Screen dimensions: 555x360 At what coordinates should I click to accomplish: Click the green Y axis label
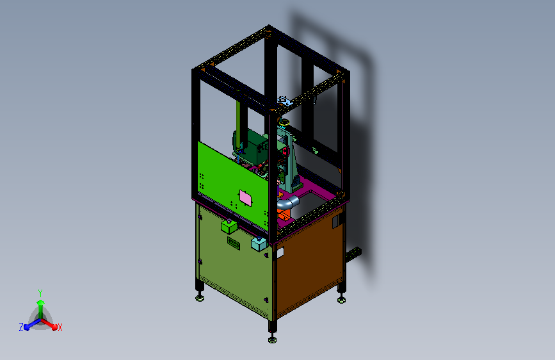[x=40, y=293]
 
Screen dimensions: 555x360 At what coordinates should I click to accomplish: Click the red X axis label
[x=60, y=327]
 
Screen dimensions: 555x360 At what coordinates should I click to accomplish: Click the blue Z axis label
[x=21, y=327]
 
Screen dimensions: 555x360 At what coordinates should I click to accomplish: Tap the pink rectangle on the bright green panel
[x=246, y=198]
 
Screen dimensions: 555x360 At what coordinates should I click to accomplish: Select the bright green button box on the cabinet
[x=229, y=226]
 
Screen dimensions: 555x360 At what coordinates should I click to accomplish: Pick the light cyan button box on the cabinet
[x=259, y=243]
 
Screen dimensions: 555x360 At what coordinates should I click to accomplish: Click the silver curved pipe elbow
[x=288, y=202]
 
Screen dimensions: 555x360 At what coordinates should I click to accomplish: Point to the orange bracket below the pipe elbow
[x=284, y=215]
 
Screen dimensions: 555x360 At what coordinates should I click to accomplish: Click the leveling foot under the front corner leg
[x=272, y=340]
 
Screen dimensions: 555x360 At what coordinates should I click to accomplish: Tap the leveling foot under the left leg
[x=200, y=299]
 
